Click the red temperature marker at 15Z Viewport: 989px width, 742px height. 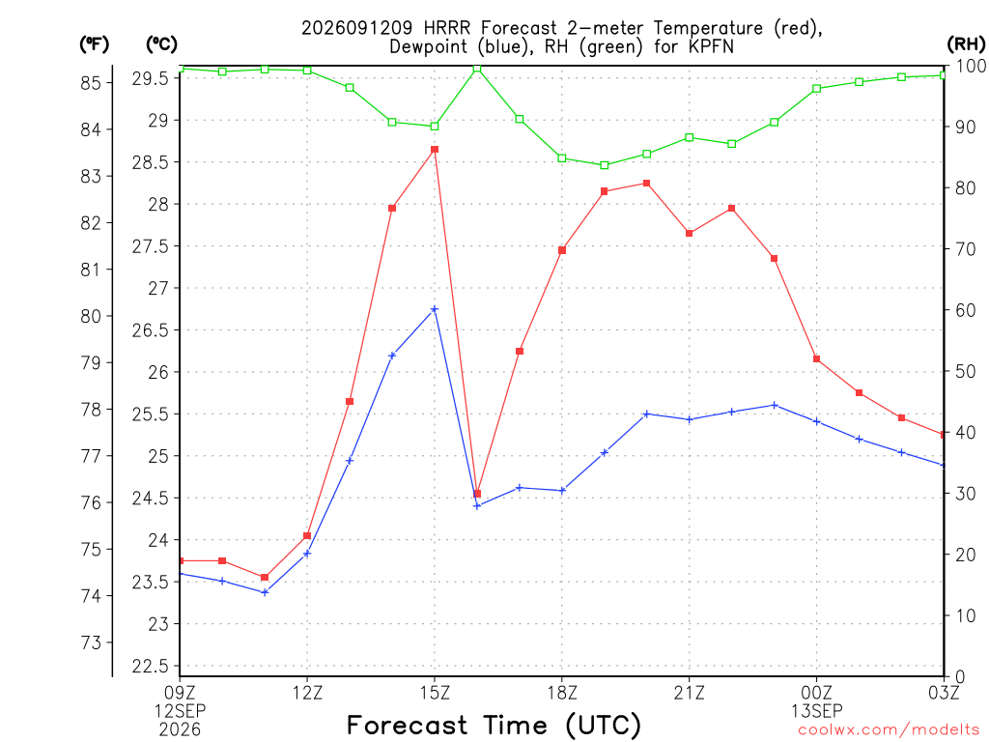pos(435,150)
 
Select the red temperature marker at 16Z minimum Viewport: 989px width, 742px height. pos(477,494)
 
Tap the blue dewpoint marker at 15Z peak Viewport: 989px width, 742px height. pos(435,309)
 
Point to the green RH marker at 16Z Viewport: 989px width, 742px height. pos(477,69)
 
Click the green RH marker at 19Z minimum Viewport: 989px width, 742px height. pos(605,165)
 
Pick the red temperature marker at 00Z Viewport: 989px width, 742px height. pos(817,359)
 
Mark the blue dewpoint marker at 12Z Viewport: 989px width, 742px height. pos(307,554)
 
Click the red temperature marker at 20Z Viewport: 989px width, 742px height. pos(646,183)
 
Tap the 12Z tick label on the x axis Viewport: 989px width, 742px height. pos(308,694)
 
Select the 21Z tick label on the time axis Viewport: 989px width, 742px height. pos(689,694)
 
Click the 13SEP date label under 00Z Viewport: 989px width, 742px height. pos(817,711)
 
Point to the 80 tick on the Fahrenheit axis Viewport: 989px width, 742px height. pos(92,316)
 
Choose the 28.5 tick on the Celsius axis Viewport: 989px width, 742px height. pos(151,162)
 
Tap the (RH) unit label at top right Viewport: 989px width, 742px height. pos(966,44)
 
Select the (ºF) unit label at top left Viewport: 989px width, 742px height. pos(94,44)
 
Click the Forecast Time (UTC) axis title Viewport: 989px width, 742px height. pos(494,725)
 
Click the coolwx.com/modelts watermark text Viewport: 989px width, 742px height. pos(889,730)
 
